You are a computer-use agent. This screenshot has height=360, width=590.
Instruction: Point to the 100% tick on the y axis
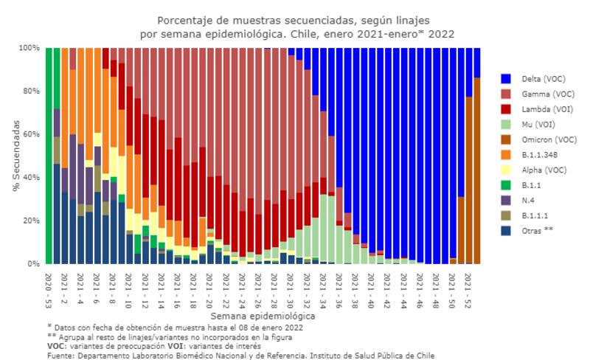(x=29, y=48)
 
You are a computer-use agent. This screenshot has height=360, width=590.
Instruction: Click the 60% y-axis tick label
(x=32, y=134)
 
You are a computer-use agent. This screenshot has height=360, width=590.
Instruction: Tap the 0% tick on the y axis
(x=35, y=263)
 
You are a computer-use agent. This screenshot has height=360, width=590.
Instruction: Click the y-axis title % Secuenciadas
(x=16, y=156)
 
